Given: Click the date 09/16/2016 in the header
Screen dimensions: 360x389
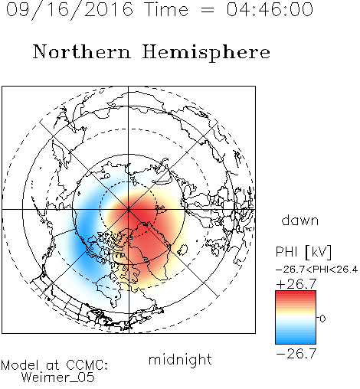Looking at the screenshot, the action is coord(70,10).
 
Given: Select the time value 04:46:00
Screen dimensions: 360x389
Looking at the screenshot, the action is coord(270,9).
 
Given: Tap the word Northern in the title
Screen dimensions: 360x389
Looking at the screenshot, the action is coord(82,51).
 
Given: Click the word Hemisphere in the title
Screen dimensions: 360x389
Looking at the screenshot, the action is coord(206,52).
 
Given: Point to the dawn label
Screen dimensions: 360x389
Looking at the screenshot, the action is coord(300,220).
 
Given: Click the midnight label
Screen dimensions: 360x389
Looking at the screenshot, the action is coord(180,360).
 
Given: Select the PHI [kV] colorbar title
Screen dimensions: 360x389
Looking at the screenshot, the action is coord(303,252).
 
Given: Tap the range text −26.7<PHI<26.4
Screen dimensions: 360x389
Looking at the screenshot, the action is coord(316,270).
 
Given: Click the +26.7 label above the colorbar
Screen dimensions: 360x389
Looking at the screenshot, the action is coord(296,284).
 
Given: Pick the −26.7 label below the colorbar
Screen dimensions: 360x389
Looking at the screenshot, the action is coord(296,354).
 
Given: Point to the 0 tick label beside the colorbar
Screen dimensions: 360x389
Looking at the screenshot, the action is coord(322,319).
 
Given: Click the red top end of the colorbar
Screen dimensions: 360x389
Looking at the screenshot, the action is coord(296,293).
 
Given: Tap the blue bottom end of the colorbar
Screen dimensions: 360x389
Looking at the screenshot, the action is coord(296,342).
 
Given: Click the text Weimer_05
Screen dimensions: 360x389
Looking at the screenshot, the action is coord(58,378).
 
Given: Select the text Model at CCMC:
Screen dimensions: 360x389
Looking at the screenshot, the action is coord(54,365).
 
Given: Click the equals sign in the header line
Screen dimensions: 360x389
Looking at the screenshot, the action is coord(207,10).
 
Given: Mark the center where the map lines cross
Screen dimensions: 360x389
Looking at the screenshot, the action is coord(129,210).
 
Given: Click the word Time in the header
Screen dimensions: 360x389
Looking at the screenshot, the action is coord(166,9).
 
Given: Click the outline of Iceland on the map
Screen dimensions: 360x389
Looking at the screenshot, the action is coord(182,250).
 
